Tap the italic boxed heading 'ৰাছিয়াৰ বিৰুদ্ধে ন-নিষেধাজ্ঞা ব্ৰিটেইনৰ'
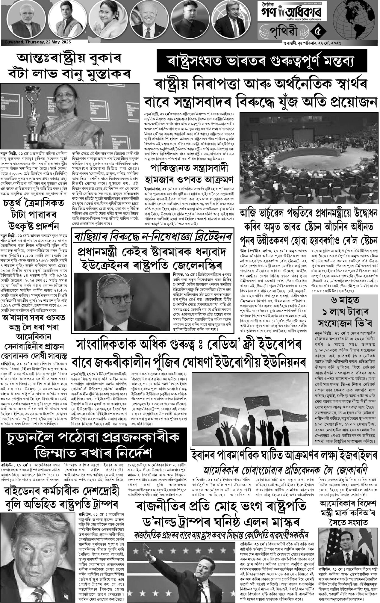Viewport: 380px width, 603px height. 153,237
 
